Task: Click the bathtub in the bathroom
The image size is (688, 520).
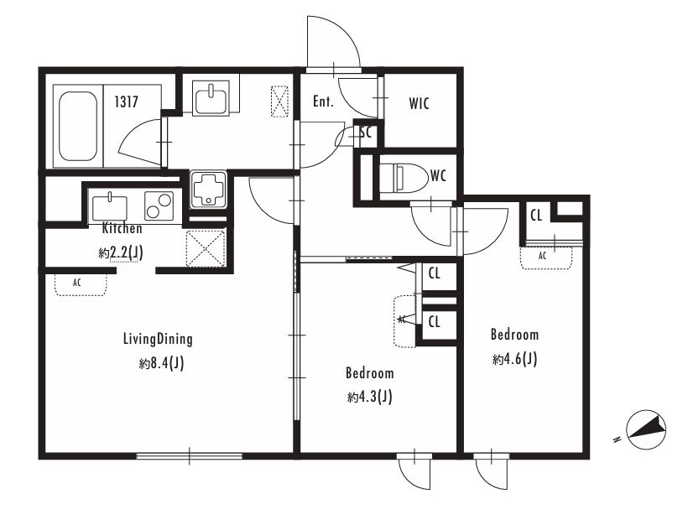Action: tap(78, 126)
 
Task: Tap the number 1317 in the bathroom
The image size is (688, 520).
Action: tap(126, 102)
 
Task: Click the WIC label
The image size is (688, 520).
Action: tap(419, 104)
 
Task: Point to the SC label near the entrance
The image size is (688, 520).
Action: tap(366, 132)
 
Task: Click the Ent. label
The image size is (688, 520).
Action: tap(323, 101)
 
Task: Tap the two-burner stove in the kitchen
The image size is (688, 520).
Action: tap(159, 205)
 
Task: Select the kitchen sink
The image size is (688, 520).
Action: tap(110, 208)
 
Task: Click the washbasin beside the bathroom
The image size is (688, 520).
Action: tap(211, 99)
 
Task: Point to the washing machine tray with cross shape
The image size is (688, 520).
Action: tap(208, 190)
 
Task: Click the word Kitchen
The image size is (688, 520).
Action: tap(122, 228)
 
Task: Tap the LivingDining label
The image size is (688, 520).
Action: tap(158, 339)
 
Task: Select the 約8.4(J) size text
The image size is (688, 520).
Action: tap(161, 363)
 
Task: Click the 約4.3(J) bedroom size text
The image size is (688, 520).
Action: tap(369, 398)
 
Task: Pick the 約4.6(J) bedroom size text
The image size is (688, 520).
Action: tap(514, 360)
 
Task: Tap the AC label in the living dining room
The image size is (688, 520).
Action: tap(77, 283)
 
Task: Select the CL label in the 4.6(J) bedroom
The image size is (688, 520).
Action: tap(536, 216)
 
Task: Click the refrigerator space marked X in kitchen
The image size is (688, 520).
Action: tap(206, 248)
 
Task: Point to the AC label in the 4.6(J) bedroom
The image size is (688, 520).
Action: tap(542, 256)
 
